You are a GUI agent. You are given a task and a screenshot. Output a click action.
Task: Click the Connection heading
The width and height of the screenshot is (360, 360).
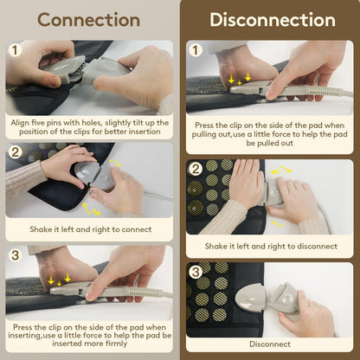tap(88, 20)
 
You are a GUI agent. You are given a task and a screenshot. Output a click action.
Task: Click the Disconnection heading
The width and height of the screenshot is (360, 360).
tap(273, 20)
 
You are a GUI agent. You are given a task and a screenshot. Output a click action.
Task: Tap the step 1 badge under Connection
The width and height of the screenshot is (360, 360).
tap(15, 50)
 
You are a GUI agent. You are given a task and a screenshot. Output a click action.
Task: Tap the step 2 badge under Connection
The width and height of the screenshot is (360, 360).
tap(15, 151)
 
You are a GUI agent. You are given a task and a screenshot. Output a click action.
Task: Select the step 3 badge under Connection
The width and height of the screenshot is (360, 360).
tap(15, 255)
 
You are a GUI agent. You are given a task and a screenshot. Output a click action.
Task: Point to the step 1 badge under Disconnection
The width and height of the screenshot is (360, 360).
tap(196, 50)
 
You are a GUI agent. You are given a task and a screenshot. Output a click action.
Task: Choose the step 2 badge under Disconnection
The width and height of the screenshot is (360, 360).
tap(196, 169)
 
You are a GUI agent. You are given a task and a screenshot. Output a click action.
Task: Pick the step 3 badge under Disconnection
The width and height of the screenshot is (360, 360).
tap(196, 272)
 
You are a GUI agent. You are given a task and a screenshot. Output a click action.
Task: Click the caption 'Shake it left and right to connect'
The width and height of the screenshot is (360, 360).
tap(91, 229)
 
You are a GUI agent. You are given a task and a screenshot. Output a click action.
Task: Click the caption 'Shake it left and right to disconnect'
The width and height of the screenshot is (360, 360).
tap(271, 246)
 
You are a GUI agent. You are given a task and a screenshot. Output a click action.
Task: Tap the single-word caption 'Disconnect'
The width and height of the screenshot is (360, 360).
tap(270, 344)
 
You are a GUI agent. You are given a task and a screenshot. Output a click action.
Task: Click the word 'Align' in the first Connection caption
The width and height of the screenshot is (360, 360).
tap(20, 123)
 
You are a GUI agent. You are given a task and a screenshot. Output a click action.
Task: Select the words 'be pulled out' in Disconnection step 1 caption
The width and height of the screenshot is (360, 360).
tap(270, 143)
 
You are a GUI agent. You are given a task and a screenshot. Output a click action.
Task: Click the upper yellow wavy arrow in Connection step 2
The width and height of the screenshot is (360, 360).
tap(115, 163)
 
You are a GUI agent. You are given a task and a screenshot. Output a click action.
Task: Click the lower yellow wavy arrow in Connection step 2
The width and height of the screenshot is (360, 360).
tap(91, 209)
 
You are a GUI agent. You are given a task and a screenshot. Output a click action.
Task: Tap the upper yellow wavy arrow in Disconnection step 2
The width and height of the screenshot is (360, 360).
tap(281, 170)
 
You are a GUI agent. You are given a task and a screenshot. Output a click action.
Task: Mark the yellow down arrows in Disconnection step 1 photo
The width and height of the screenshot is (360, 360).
tap(240, 79)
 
